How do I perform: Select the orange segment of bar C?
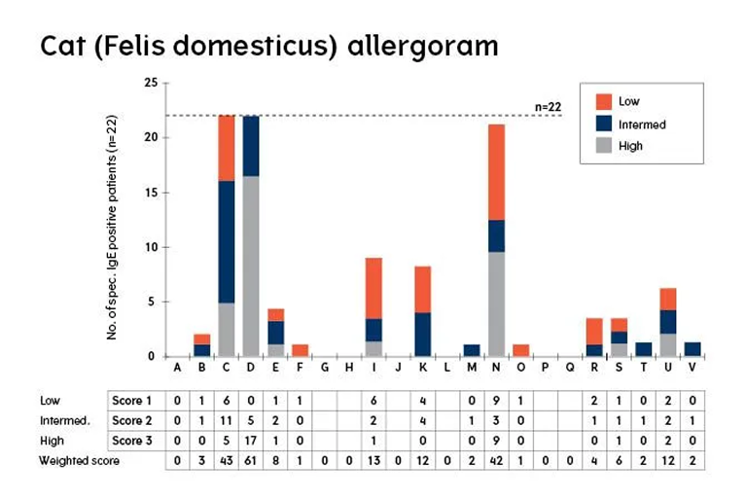(x=227, y=147)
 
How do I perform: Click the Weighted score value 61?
(x=251, y=460)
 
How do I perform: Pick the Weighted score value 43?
(x=227, y=460)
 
